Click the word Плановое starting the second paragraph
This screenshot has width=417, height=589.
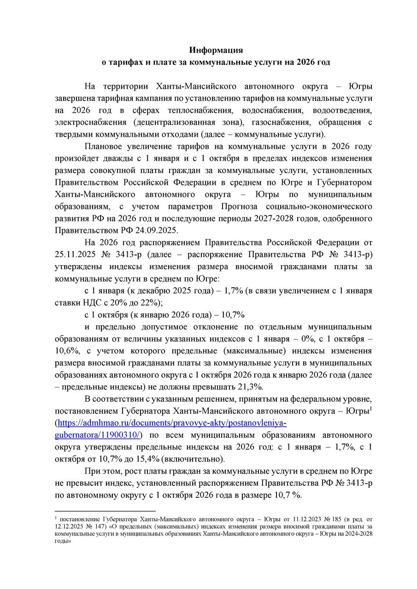(x=105, y=146)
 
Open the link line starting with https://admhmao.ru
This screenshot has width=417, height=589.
(x=171, y=423)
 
